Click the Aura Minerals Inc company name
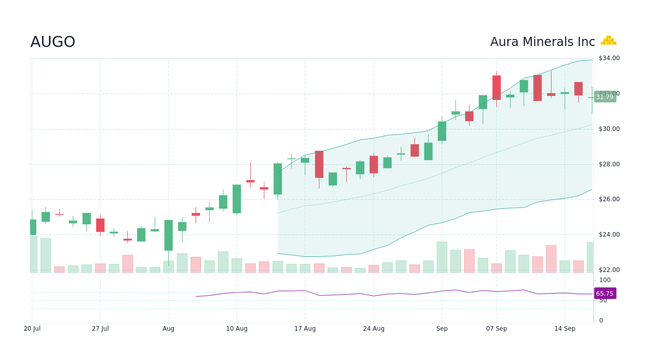(x=542, y=42)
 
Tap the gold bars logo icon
(x=608, y=40)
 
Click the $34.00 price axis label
(x=609, y=58)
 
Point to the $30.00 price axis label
(x=609, y=129)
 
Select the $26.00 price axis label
(x=609, y=199)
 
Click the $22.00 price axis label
(x=609, y=270)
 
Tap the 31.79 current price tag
(x=605, y=97)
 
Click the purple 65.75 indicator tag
(x=605, y=294)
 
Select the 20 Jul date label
(x=32, y=329)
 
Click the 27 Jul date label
(x=100, y=329)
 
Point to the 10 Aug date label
(x=237, y=329)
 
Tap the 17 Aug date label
(x=305, y=329)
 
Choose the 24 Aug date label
(x=374, y=329)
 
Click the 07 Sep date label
(x=496, y=329)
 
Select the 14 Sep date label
(x=565, y=329)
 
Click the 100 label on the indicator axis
(x=605, y=280)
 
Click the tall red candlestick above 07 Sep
(x=496, y=87)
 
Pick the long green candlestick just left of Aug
(x=168, y=235)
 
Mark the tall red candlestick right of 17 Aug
(x=319, y=164)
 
